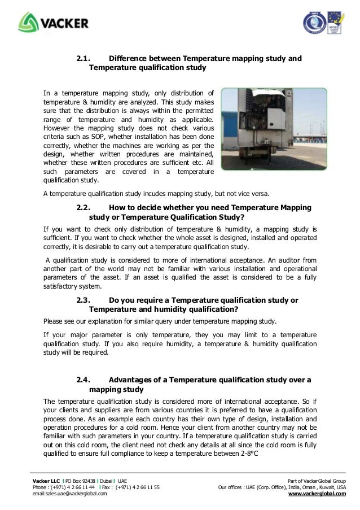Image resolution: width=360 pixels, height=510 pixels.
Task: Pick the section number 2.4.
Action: coord(84,379)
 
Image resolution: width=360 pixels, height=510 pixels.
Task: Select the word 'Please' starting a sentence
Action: coord(54,321)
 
